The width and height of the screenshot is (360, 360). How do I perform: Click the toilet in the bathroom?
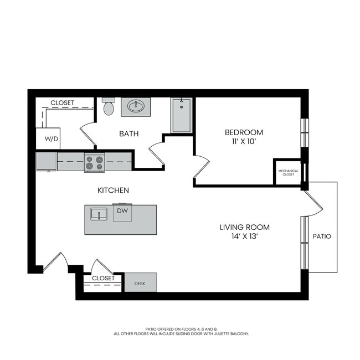click(x=109, y=106)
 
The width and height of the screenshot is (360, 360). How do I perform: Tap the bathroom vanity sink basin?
click(x=136, y=107)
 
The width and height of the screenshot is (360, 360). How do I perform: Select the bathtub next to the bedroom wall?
click(x=182, y=115)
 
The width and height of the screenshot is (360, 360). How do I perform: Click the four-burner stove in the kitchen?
click(x=94, y=162)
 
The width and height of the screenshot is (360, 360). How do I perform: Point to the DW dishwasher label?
click(x=122, y=211)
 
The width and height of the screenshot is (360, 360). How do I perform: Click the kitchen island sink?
click(x=99, y=214)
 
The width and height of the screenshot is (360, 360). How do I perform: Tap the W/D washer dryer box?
click(x=48, y=138)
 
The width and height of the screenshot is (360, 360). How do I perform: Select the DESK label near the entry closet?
click(x=140, y=284)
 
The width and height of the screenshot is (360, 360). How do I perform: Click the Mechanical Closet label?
click(x=289, y=173)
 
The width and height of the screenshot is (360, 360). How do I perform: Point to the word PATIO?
click(x=322, y=236)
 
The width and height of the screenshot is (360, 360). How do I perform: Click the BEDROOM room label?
click(x=244, y=132)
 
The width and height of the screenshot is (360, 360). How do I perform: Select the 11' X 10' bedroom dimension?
click(x=244, y=142)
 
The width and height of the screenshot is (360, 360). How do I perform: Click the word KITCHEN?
click(x=113, y=191)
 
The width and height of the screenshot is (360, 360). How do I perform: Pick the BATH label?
click(x=129, y=133)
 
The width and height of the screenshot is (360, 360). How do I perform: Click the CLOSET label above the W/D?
click(x=62, y=102)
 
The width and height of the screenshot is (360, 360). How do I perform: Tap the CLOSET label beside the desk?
click(x=103, y=278)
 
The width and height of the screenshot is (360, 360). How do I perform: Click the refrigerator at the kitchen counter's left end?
click(x=47, y=162)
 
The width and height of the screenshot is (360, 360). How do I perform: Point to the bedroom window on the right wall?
click(x=305, y=133)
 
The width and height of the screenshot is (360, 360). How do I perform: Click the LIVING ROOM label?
click(x=245, y=227)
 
